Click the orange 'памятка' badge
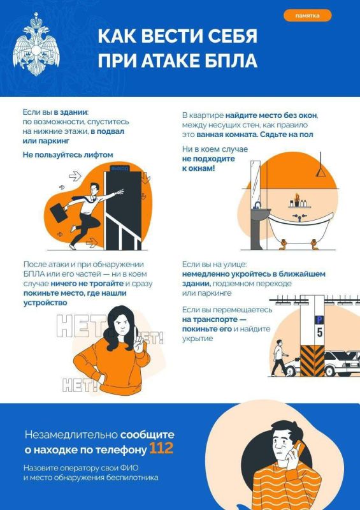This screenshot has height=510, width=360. (307, 15)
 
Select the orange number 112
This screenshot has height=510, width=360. (162, 449)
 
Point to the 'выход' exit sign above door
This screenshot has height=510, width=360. (119, 168)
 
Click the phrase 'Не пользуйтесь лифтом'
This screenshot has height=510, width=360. (68, 154)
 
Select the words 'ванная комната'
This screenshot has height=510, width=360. (224, 135)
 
